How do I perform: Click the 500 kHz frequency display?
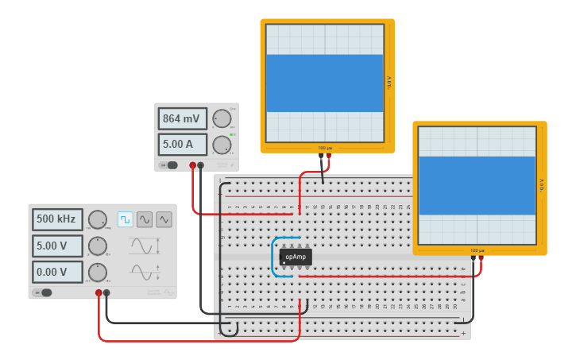(x=57, y=219)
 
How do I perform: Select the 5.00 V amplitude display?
(x=57, y=246)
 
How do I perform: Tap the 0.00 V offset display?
(x=57, y=273)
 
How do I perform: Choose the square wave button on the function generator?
(x=126, y=219)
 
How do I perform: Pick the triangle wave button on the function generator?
(x=164, y=219)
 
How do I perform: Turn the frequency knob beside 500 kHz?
(x=97, y=220)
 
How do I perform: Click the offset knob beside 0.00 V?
(x=97, y=273)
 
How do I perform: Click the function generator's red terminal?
(x=99, y=293)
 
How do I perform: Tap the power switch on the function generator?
(x=44, y=292)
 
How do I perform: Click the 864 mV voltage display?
(x=182, y=119)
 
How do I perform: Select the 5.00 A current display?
(x=182, y=145)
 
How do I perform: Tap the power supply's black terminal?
(x=200, y=165)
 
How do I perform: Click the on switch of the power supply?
(x=169, y=165)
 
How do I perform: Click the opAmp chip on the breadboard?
(x=296, y=257)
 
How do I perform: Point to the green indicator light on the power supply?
(x=231, y=135)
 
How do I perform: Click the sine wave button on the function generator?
(x=145, y=219)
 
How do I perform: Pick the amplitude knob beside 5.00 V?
(x=97, y=246)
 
